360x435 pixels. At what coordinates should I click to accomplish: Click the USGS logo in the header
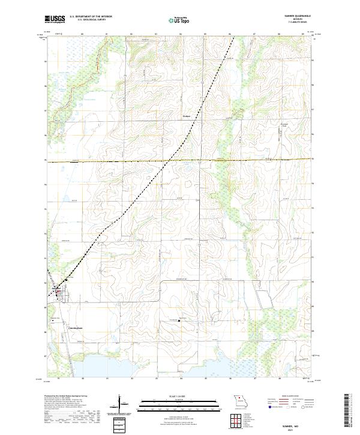click(x=55, y=19)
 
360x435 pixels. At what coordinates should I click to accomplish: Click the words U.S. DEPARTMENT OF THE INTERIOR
click(x=91, y=17)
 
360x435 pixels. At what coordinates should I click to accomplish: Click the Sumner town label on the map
click(x=56, y=289)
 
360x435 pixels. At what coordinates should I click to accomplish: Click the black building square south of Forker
click(x=180, y=320)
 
